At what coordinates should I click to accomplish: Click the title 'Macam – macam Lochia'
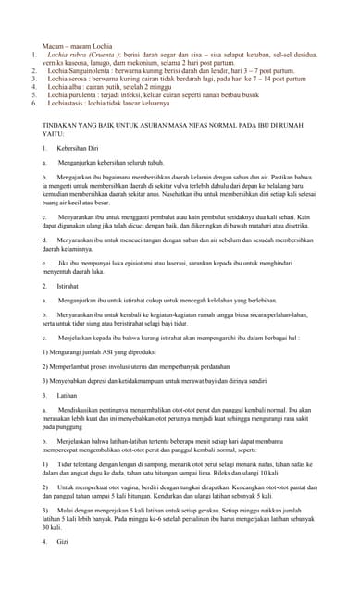tap(77, 45)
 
